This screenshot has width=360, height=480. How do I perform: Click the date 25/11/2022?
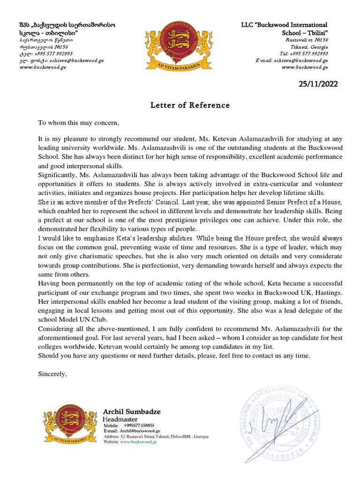coord(318,84)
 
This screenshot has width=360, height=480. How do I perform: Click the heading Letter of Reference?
coord(190,105)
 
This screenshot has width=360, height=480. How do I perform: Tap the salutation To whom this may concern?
coord(79,123)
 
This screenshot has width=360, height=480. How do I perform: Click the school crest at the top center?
coord(180,45)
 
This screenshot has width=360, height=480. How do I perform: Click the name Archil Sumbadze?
coord(131,411)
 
